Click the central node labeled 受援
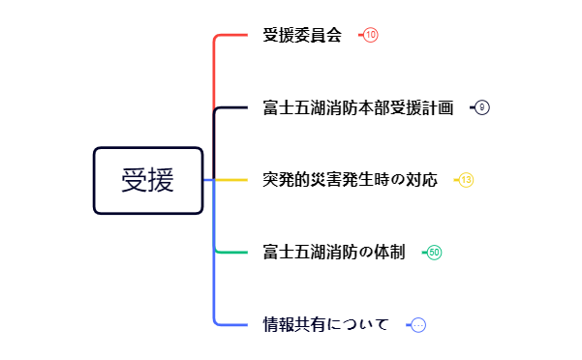coord(148,180)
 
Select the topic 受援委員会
coord(302,36)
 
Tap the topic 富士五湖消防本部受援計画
coord(357,107)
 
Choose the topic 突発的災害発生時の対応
coord(350,180)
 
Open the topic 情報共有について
coord(325,325)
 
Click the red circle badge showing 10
coord(371,35)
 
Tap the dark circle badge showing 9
coord(482,107)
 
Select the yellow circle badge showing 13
coord(466,180)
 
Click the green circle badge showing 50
coord(435,253)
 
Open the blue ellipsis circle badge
coord(418,325)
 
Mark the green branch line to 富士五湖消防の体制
coord(232,253)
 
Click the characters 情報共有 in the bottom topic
coord(293,325)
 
